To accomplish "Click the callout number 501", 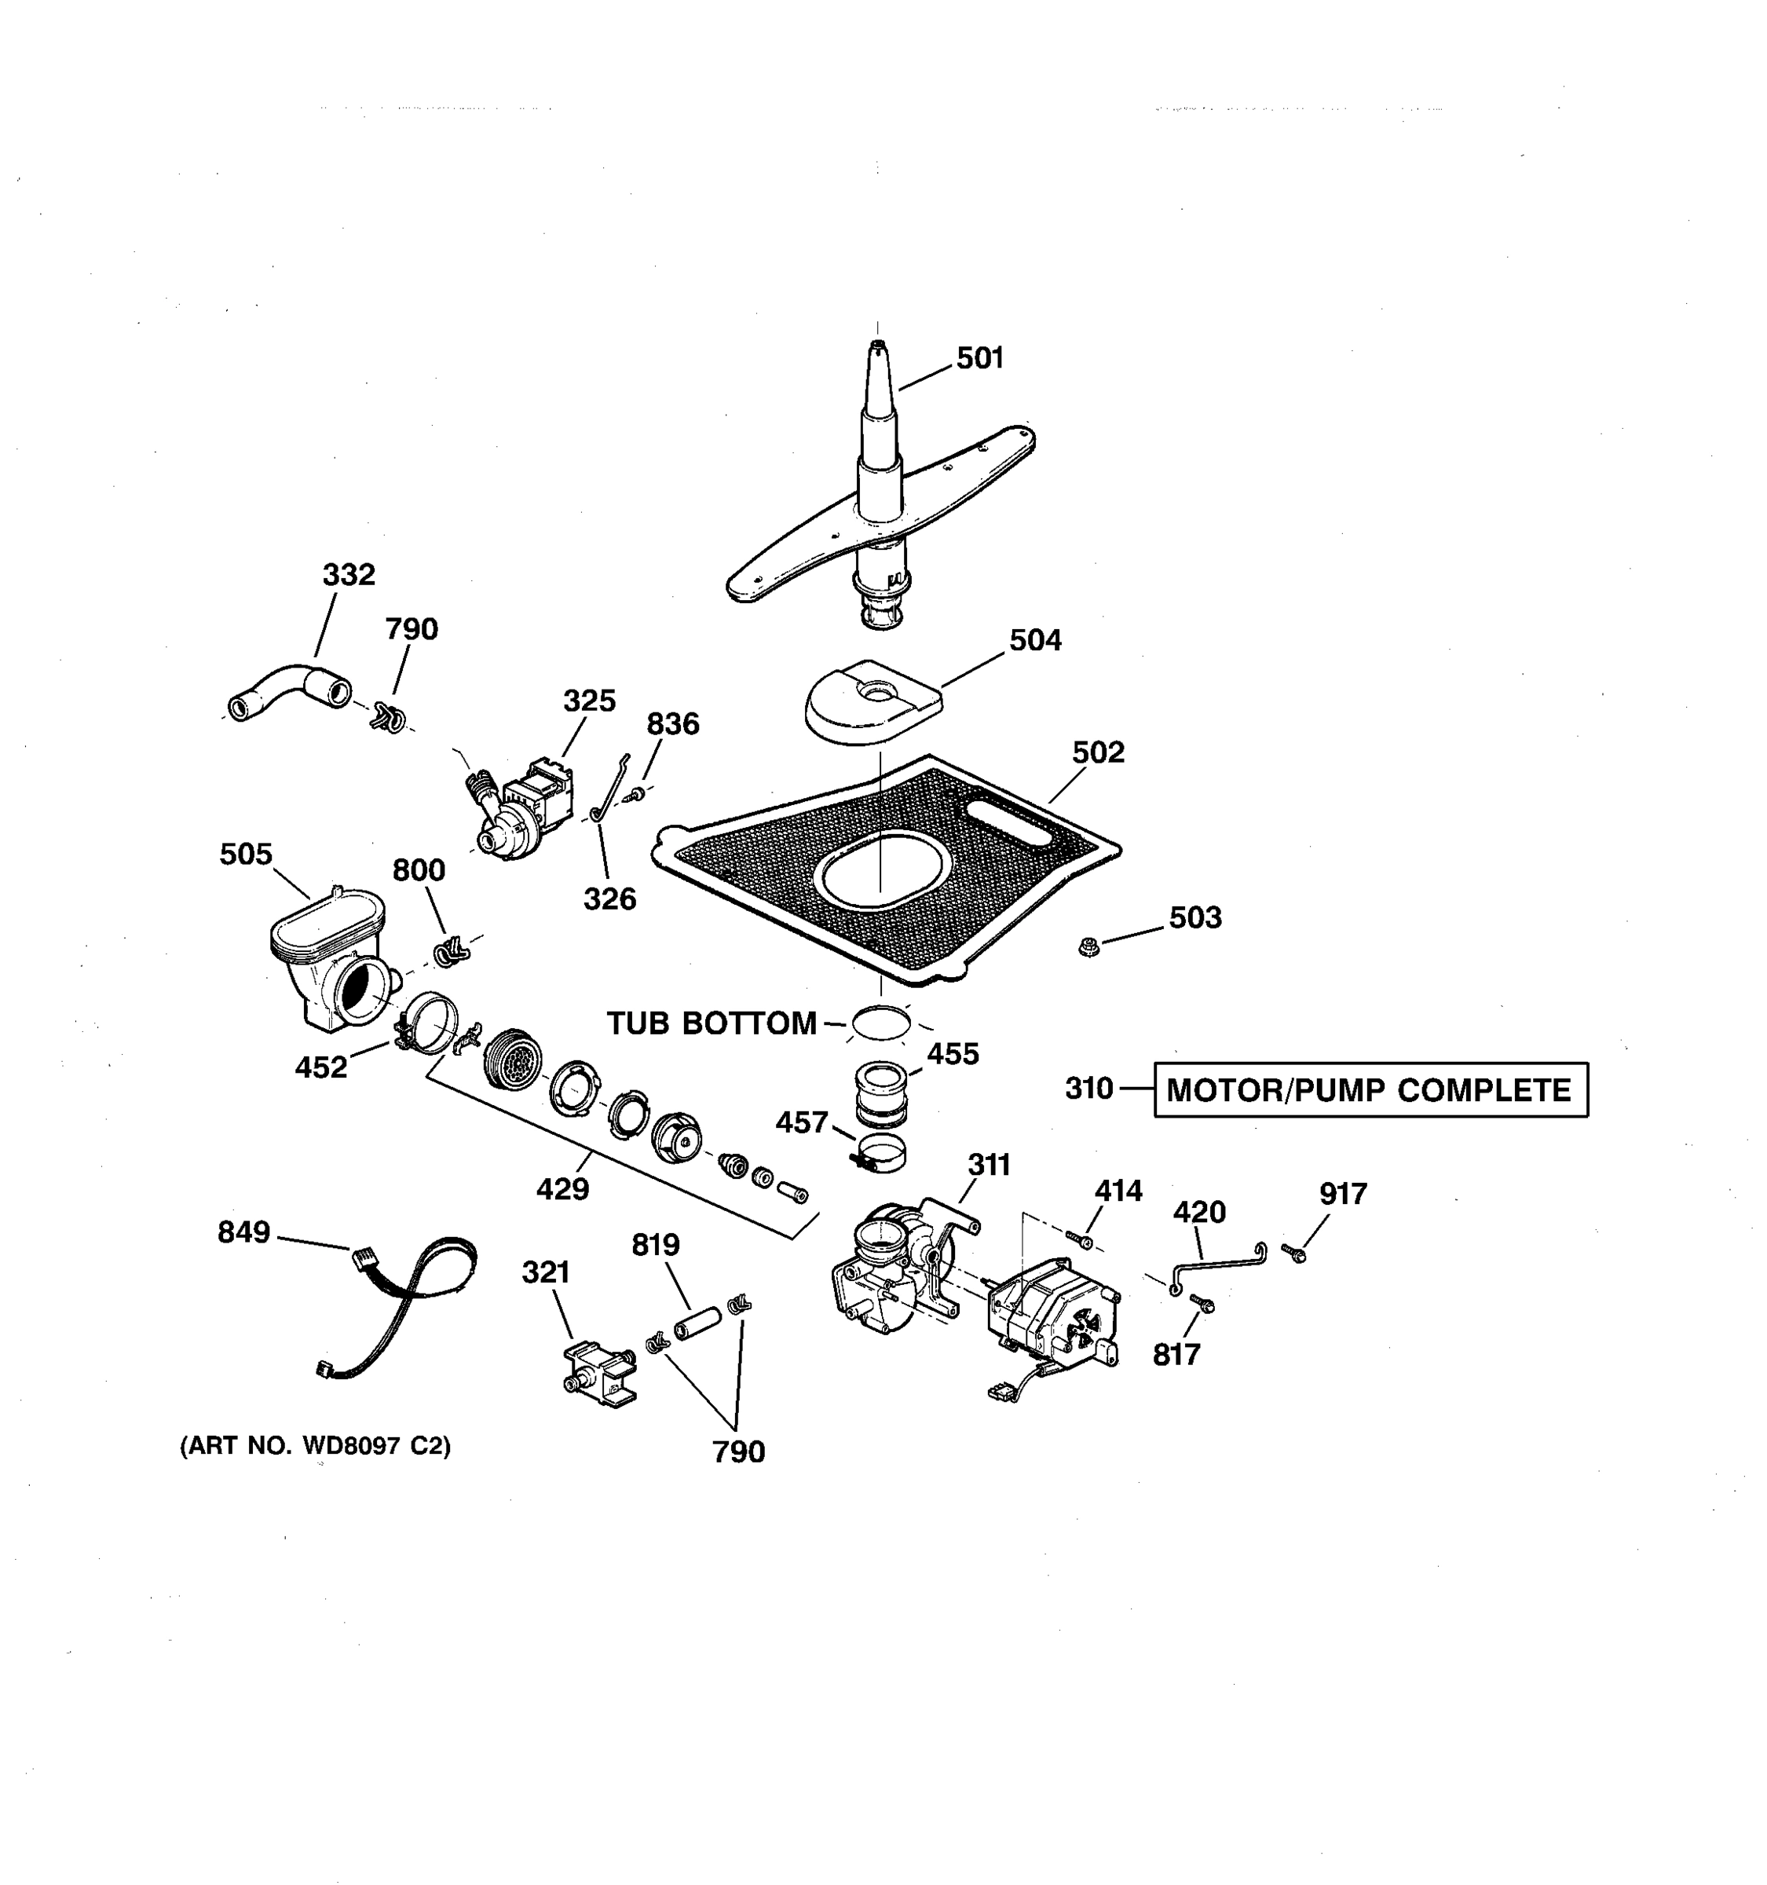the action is click(979, 358).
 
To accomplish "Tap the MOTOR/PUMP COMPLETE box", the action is click(1370, 1089).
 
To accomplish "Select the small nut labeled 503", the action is click(1088, 946).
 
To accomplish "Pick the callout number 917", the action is click(1342, 1194).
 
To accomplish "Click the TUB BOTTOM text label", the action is click(711, 1023).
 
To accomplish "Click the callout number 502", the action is click(1098, 752).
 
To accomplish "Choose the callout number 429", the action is click(562, 1188).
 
